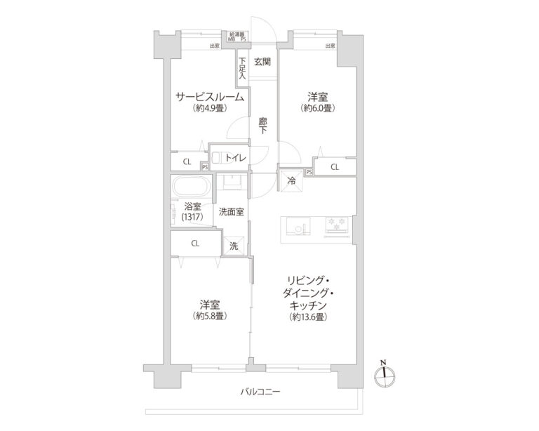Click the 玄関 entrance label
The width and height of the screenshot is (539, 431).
click(x=262, y=61)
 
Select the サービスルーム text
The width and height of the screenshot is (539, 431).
click(x=211, y=97)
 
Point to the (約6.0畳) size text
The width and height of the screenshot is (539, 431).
click(x=318, y=108)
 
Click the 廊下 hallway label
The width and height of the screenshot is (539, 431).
click(x=262, y=126)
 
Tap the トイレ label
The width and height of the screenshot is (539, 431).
click(x=235, y=159)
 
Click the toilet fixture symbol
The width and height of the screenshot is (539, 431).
click(x=217, y=159)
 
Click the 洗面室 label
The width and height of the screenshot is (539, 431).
click(x=231, y=211)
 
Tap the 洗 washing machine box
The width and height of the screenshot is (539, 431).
click(x=234, y=246)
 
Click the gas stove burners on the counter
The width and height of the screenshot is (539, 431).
click(x=336, y=225)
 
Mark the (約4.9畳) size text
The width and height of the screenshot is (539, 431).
click(x=210, y=108)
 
